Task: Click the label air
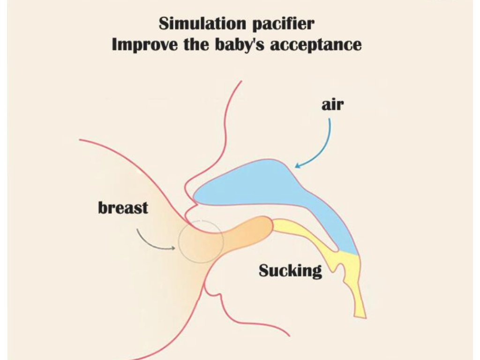tap(332, 105)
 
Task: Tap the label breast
tap(123, 208)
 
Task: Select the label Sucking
tap(290, 270)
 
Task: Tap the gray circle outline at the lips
tap(201, 241)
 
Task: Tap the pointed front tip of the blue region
tap(195, 196)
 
